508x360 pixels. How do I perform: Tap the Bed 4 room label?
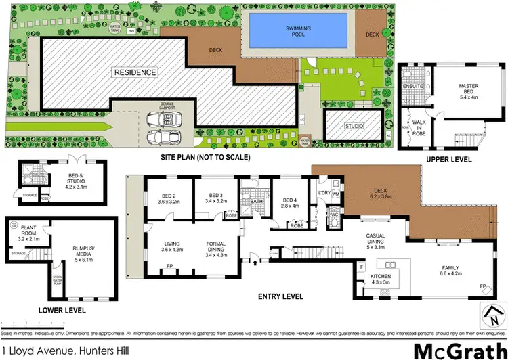click(x=290, y=203)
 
